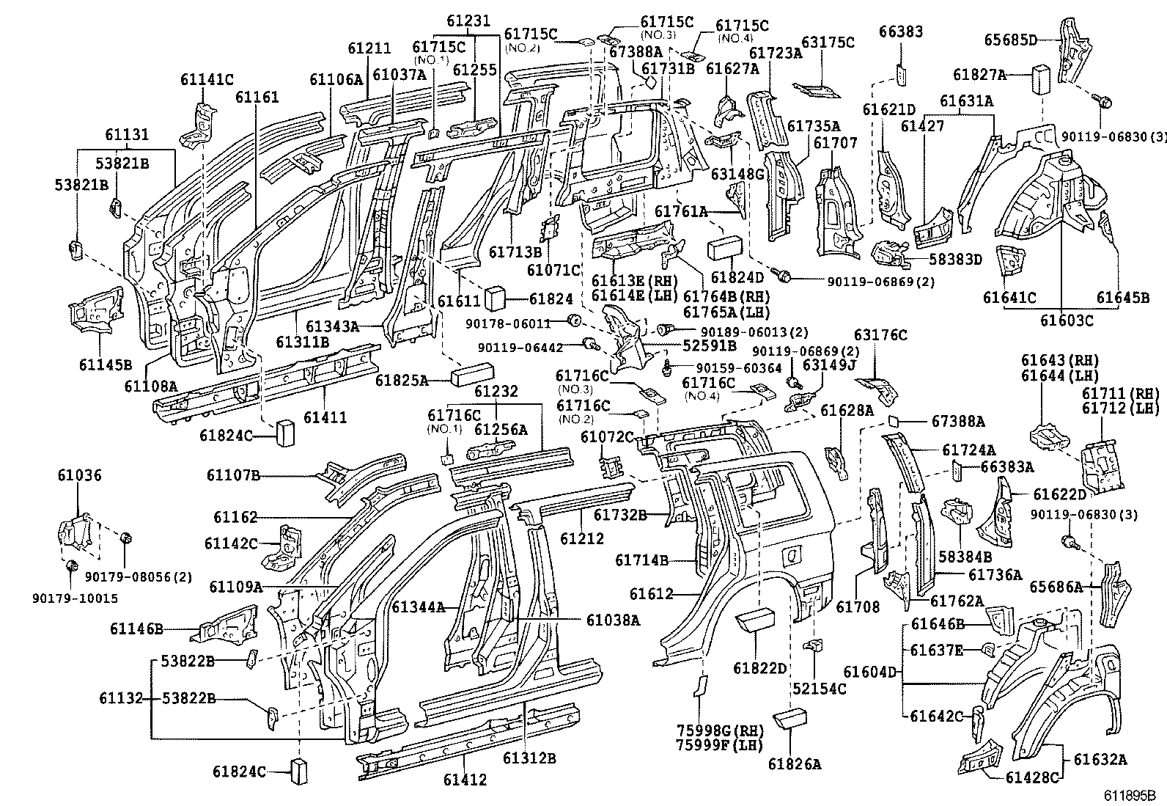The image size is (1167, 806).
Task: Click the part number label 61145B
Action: pyautogui.click(x=106, y=364)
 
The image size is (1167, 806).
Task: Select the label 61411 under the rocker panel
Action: pyautogui.click(x=325, y=417)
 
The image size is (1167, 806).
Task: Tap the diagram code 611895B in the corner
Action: pyautogui.click(x=1130, y=795)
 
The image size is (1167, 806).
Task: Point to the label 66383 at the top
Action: pyautogui.click(x=901, y=32)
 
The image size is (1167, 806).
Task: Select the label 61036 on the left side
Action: pyautogui.click(x=80, y=475)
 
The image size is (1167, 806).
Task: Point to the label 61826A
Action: pyautogui.click(x=795, y=764)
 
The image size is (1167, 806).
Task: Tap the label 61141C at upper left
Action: pyautogui.click(x=207, y=80)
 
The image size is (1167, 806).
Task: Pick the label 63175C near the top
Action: pyautogui.click(x=828, y=43)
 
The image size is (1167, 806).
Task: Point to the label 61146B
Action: pyautogui.click(x=137, y=629)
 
